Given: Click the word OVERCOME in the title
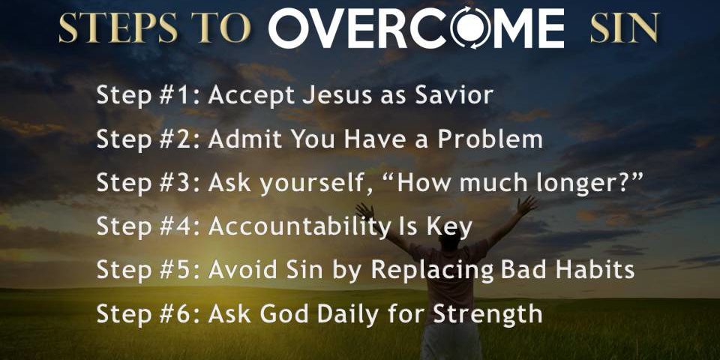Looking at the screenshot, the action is [x=416, y=28].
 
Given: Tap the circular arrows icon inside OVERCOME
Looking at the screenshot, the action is [x=471, y=28].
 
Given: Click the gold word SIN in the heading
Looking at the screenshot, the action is [x=625, y=28].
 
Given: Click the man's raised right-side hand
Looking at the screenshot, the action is [x=527, y=204].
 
